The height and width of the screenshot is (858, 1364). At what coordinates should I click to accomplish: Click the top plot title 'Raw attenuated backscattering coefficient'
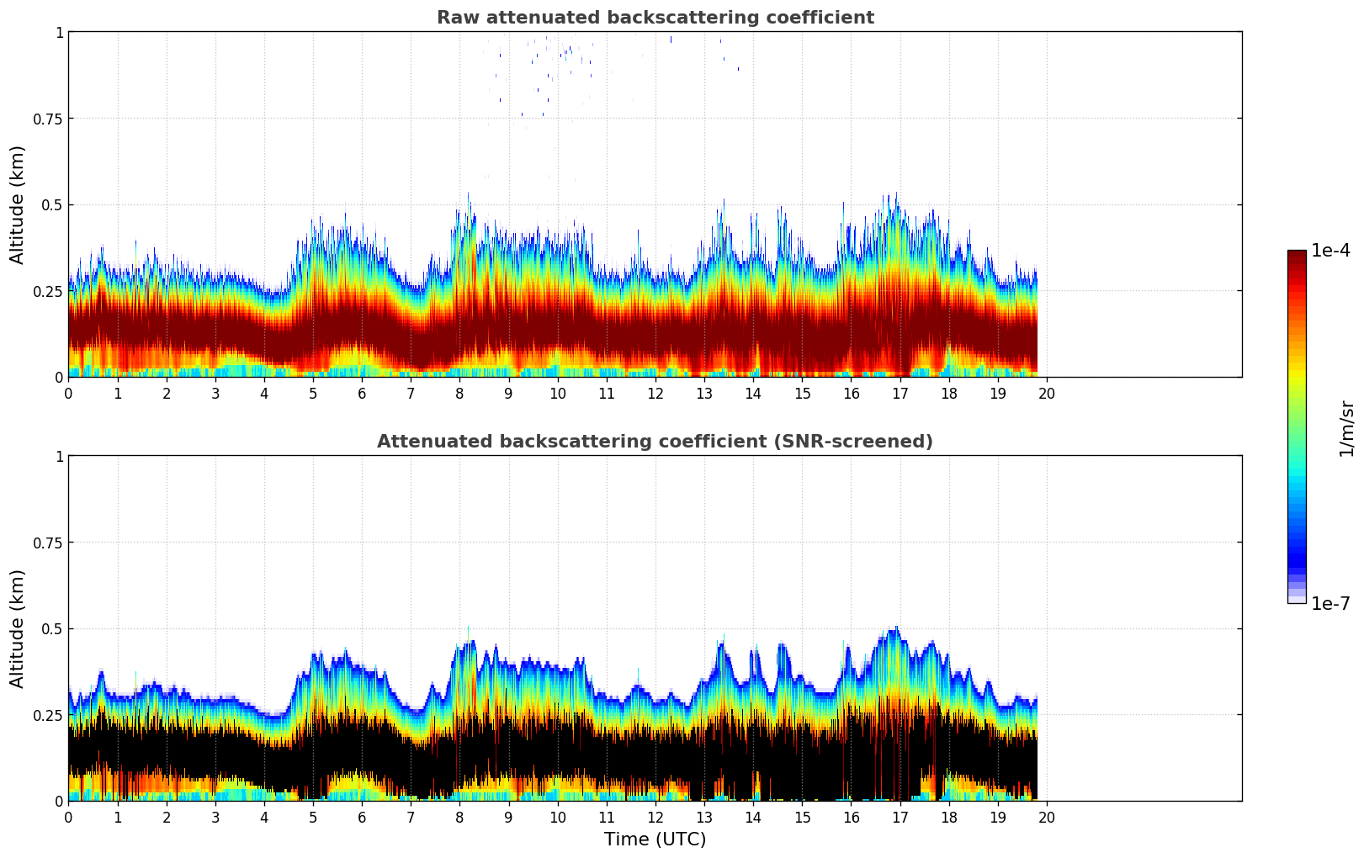655,18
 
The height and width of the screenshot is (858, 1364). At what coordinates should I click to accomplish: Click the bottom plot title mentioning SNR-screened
655,442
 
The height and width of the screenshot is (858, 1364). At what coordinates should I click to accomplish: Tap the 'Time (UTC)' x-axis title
655,839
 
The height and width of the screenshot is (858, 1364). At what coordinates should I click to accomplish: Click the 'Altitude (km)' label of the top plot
18,204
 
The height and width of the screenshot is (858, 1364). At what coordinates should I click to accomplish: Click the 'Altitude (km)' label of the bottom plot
18,628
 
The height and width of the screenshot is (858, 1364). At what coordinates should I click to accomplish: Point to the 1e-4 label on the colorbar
1330,251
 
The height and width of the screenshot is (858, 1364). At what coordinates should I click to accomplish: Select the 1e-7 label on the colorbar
1330,603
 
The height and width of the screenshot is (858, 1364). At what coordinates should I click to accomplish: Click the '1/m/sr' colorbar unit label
1346,429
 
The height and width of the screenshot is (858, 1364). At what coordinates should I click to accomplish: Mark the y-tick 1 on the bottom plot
59,457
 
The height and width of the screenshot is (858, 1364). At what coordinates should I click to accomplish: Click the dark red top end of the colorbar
1297,255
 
